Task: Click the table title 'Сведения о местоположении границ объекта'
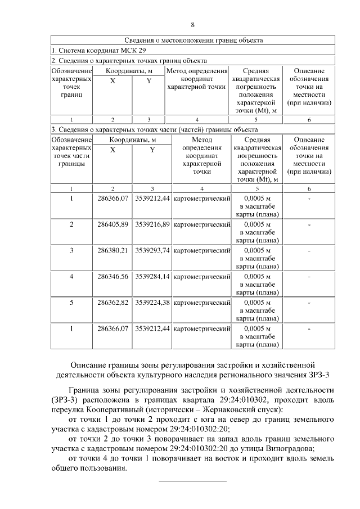click(x=193, y=40)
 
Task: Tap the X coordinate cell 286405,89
click(x=112, y=224)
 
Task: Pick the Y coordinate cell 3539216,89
click(x=152, y=224)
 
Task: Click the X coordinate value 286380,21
click(x=112, y=250)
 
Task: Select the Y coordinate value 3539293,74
click(x=152, y=250)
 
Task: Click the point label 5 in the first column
click(x=71, y=302)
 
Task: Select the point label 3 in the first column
click(x=71, y=250)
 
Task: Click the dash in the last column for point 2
click(x=309, y=224)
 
